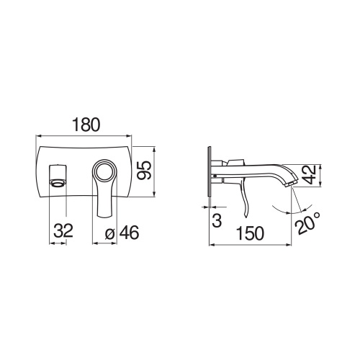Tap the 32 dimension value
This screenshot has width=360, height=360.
coord(61,231)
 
